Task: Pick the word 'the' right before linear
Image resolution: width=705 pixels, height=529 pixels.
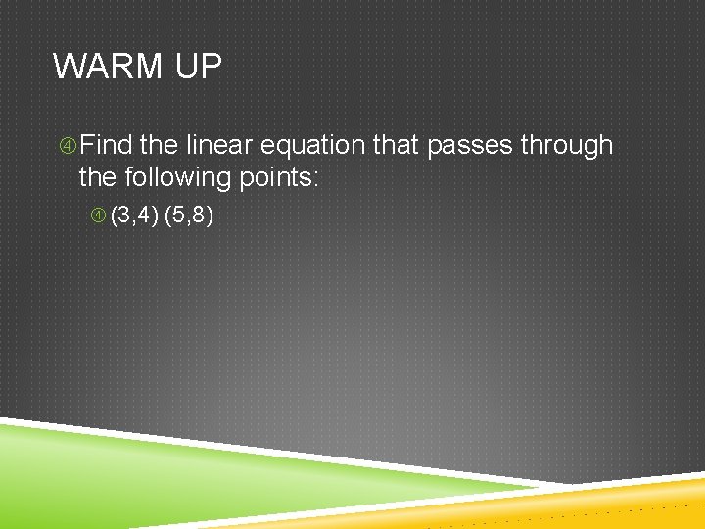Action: coord(159,145)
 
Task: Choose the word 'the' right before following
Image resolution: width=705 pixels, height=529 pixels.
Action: coord(97,178)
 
